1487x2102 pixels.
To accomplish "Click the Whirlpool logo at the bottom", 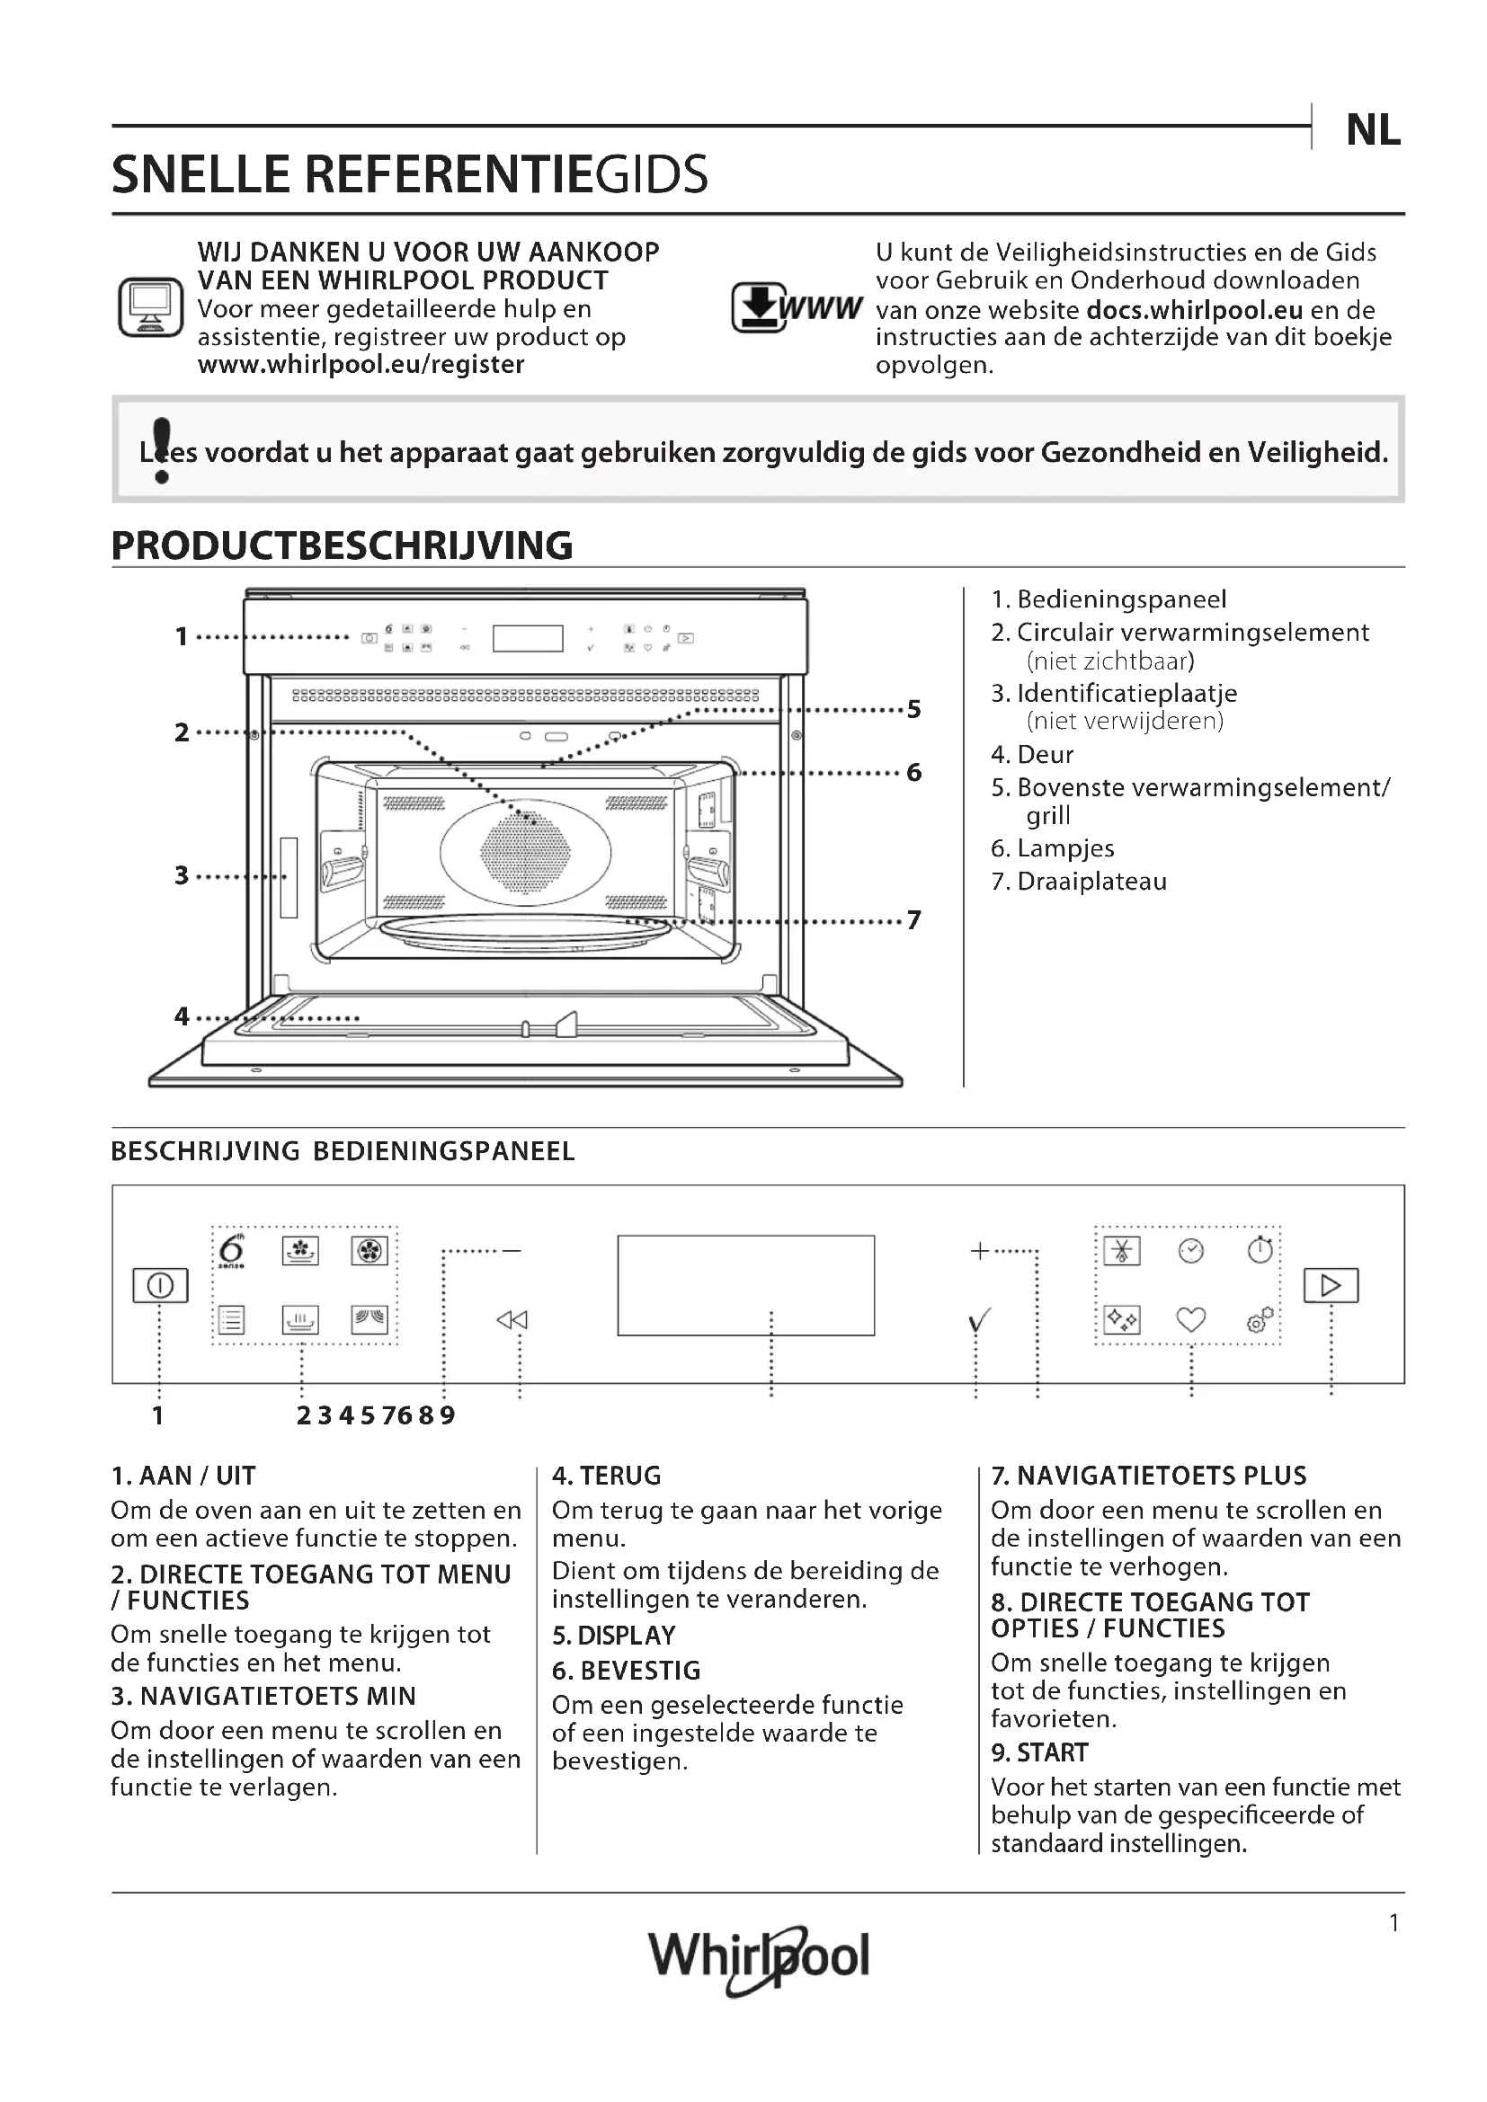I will (x=758, y=1957).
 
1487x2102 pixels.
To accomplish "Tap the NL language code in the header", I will (x=1373, y=130).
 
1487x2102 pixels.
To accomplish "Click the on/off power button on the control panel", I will (x=160, y=1285).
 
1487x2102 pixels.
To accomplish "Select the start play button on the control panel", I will (x=1331, y=1285).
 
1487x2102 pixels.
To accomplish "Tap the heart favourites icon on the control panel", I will (x=1190, y=1319).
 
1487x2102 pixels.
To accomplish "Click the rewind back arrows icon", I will (x=512, y=1319).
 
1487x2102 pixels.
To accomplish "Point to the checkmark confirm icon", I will (x=979, y=1320).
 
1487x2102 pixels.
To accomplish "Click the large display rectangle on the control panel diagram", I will (x=745, y=1284).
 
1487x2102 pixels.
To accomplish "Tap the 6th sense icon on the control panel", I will (x=232, y=1251).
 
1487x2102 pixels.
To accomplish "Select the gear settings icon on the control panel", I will (x=1260, y=1319).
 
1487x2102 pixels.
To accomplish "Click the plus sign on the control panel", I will (x=979, y=1251).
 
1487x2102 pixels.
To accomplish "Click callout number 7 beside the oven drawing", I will (x=913, y=920).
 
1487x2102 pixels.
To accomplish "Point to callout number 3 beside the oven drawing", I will (x=182, y=875).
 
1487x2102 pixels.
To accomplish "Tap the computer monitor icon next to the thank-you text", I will (x=151, y=307).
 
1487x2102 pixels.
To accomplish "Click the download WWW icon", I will (x=795, y=307).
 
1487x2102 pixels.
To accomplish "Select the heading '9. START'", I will (x=1039, y=1752).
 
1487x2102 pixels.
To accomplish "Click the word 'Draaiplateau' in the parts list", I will (x=1091, y=882).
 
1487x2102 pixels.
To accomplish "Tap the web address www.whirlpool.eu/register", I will (x=361, y=364).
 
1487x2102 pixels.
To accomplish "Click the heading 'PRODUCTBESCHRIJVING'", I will (x=342, y=545).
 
